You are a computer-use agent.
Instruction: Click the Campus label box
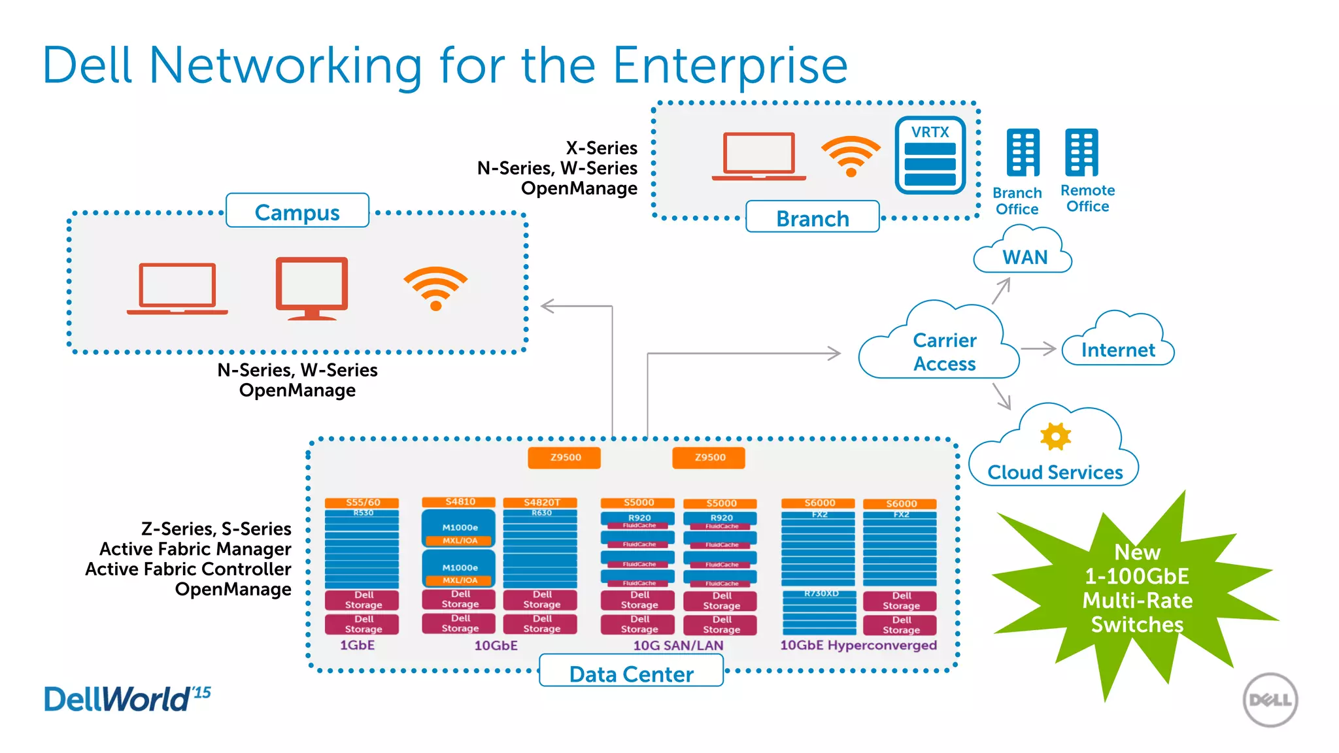click(x=297, y=211)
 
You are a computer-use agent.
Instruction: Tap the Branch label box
click(x=812, y=218)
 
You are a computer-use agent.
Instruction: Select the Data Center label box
click(x=631, y=673)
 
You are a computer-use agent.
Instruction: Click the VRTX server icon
click(x=930, y=156)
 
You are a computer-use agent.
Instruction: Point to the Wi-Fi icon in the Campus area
click(x=435, y=288)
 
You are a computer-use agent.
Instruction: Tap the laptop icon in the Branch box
click(x=758, y=157)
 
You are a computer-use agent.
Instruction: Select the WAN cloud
click(x=1024, y=253)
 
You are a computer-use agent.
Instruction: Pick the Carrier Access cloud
click(x=942, y=346)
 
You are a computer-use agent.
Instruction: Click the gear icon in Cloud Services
click(x=1055, y=436)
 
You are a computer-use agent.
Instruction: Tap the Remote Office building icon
click(x=1081, y=153)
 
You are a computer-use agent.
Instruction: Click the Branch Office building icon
click(x=1023, y=153)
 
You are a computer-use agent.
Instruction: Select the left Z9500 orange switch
click(x=564, y=458)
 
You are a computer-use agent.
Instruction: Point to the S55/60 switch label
click(x=362, y=503)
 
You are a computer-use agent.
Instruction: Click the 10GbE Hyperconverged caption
click(x=858, y=645)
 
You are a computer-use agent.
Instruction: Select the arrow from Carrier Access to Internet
click(x=1039, y=349)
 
